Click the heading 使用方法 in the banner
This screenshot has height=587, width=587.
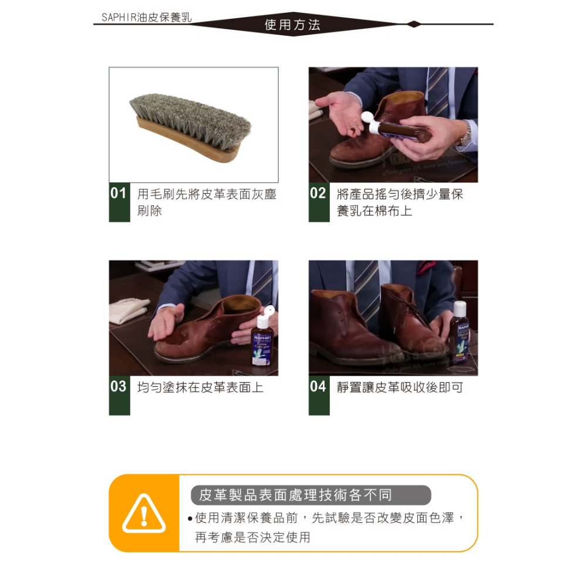tap(292, 25)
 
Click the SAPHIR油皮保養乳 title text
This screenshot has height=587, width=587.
tap(146, 18)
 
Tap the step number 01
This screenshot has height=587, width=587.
tap(119, 193)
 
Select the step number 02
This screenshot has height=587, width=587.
tap(318, 193)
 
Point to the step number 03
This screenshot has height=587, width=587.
tap(119, 386)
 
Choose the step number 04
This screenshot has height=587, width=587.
tap(318, 386)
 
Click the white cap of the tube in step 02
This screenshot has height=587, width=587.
tap(369, 120)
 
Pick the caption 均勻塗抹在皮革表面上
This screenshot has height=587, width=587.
tap(200, 387)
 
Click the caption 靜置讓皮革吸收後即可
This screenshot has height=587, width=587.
tap(400, 387)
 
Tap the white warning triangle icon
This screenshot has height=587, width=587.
tap(144, 514)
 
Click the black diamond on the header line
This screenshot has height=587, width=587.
tap(414, 24)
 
